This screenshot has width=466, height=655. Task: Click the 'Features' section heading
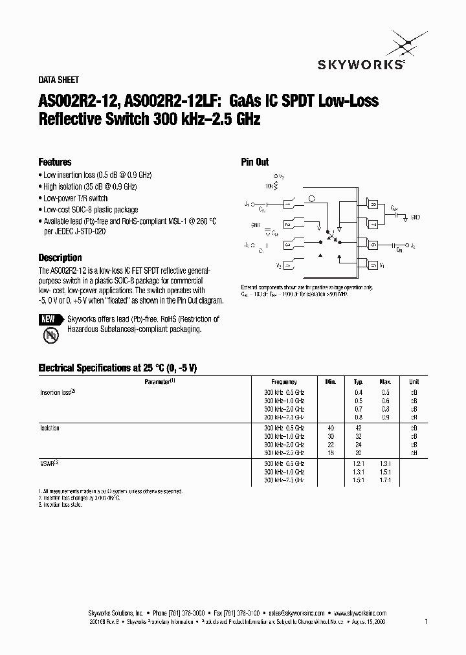[55, 162]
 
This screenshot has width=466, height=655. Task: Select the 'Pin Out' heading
[255, 162]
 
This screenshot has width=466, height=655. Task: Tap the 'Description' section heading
[60, 258]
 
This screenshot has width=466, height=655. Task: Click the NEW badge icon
[49, 319]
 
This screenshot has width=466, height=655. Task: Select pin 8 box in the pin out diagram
[373, 205]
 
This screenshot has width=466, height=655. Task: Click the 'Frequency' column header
[284, 383]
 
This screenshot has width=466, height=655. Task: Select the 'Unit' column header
[414, 383]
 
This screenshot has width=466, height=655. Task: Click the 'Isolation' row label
[50, 428]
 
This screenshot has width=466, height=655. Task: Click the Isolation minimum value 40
[331, 428]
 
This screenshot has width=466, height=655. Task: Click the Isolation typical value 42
[359, 428]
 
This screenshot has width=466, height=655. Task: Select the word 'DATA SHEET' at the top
[59, 80]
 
